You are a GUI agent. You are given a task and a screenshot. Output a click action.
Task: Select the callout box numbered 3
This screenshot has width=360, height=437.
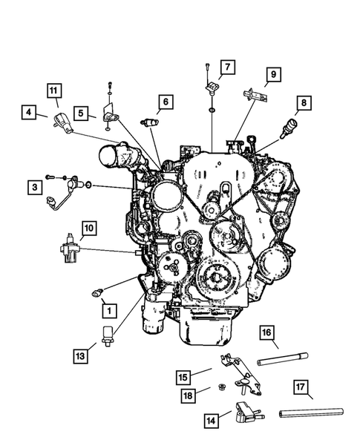click(35, 188)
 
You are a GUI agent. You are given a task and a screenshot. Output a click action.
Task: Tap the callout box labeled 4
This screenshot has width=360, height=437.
click(29, 113)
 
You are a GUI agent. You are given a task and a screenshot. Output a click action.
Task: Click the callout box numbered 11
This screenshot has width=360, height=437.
click(54, 91)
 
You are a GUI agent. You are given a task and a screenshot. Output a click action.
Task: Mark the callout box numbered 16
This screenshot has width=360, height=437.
click(266, 333)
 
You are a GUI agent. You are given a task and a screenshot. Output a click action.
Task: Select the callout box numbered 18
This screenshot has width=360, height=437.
click(188, 396)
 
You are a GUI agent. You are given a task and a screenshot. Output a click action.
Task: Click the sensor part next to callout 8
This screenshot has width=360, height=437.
click(288, 127)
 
